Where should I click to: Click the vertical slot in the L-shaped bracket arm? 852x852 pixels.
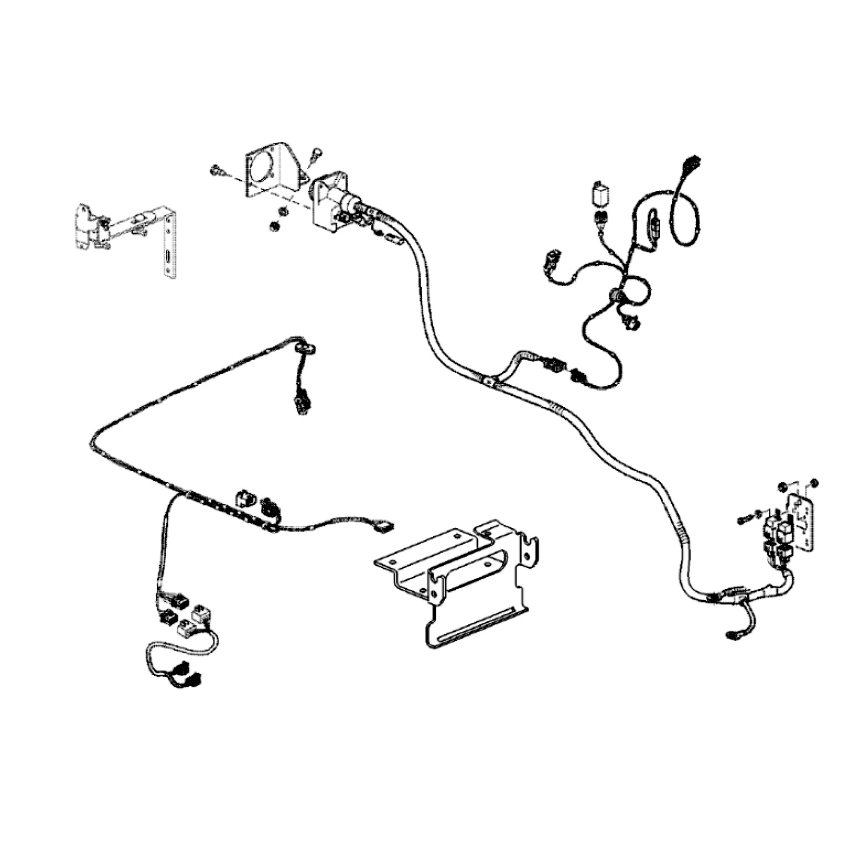pos(168,257)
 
